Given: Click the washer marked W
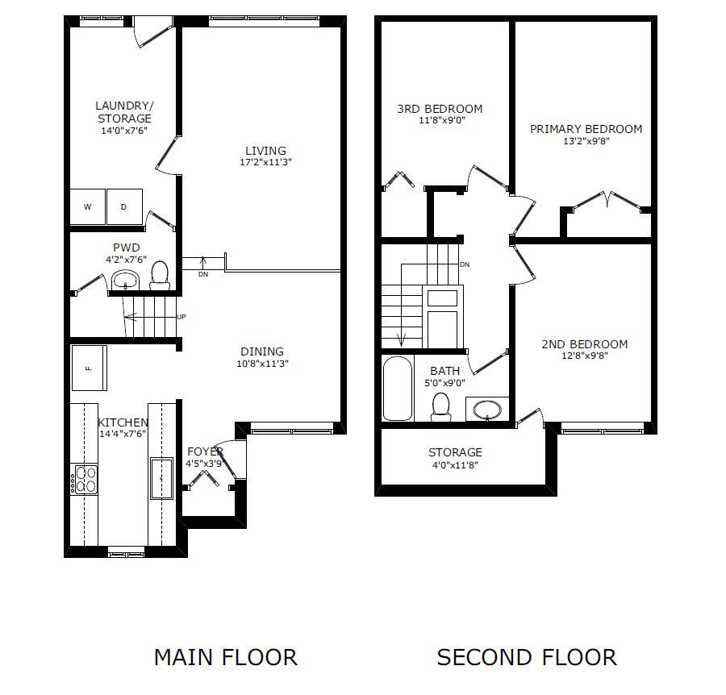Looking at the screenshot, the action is pyautogui.click(x=87, y=207).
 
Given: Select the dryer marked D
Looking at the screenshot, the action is pyautogui.click(x=124, y=207).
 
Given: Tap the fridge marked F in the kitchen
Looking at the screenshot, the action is pyautogui.click(x=90, y=368).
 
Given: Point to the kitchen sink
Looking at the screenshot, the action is pyautogui.click(x=161, y=479).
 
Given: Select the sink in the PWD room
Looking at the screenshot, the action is pyautogui.click(x=126, y=281).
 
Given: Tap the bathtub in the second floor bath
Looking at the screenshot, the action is pyautogui.click(x=398, y=389).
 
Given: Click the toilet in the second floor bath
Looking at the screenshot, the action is pyautogui.click(x=441, y=407).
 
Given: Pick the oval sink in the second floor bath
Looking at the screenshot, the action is pyautogui.click(x=487, y=410).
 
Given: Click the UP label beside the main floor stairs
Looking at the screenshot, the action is pyautogui.click(x=181, y=317).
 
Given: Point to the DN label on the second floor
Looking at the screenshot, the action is pyautogui.click(x=465, y=264).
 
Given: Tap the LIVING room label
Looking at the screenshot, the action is pyautogui.click(x=265, y=151).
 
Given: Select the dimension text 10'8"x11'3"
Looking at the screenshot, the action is pyautogui.click(x=262, y=364).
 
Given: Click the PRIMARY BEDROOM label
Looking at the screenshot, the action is pyautogui.click(x=586, y=129).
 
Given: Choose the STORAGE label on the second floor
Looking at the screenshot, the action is pyautogui.click(x=455, y=452).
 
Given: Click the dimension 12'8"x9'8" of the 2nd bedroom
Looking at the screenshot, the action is pyautogui.click(x=585, y=356).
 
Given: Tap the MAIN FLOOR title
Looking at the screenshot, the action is pyautogui.click(x=226, y=658).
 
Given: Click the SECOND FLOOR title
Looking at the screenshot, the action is pyautogui.click(x=527, y=658).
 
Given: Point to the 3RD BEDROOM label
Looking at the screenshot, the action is pyautogui.click(x=440, y=109).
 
